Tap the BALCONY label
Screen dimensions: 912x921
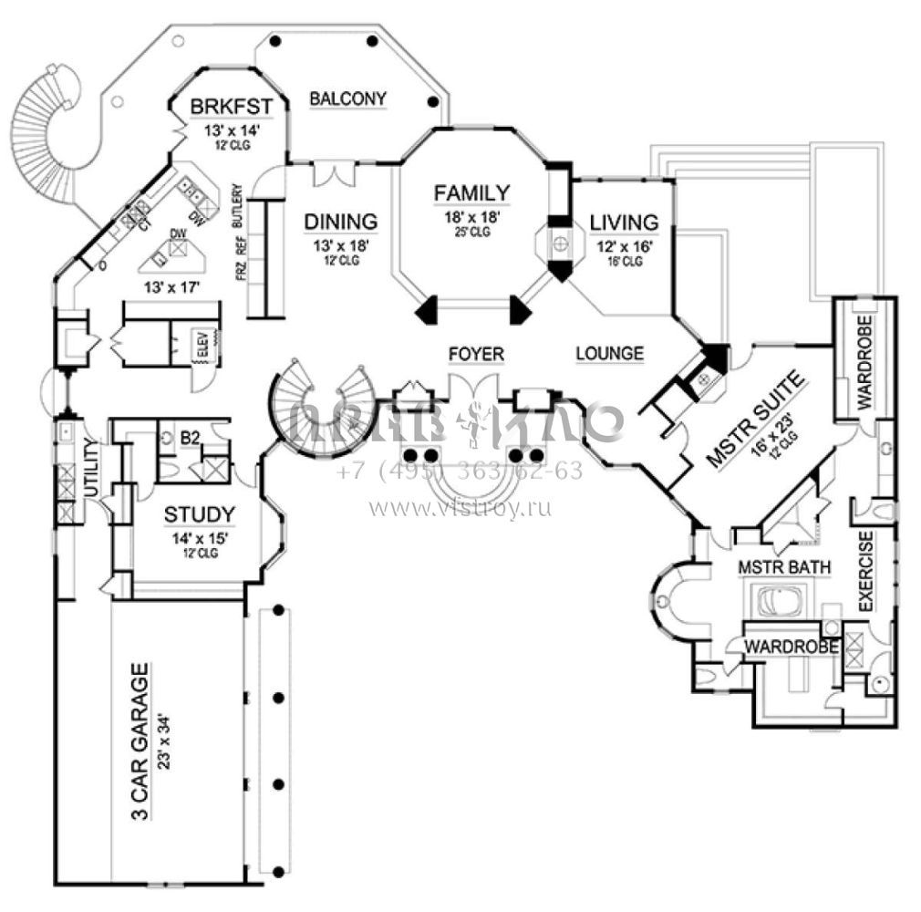(x=348, y=98)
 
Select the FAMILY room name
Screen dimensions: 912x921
(x=471, y=192)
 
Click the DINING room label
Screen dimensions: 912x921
(x=341, y=222)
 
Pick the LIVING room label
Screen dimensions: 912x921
(x=624, y=223)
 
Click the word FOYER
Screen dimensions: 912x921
(x=476, y=354)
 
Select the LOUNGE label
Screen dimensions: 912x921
(x=610, y=353)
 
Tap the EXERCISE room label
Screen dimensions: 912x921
(x=866, y=570)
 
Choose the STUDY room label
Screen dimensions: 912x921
(x=200, y=515)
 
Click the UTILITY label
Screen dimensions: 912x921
(x=91, y=468)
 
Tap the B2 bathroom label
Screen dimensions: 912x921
(x=190, y=439)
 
